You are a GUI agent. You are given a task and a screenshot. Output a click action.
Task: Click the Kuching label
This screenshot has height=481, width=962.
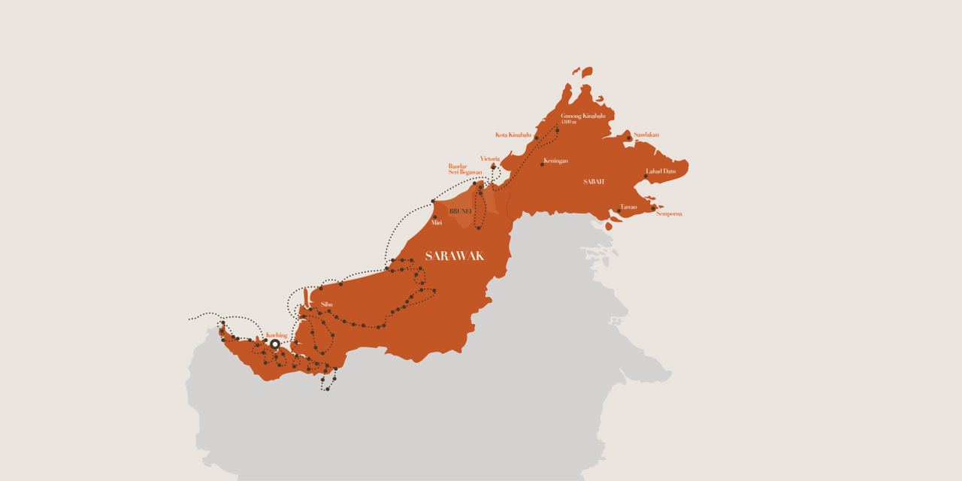(x=277, y=334)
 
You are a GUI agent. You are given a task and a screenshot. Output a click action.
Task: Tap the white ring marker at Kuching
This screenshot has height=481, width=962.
(x=275, y=344)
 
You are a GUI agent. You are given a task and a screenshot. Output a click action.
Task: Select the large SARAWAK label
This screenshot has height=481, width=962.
(x=454, y=256)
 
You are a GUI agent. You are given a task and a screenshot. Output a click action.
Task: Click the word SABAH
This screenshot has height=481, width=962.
(x=594, y=182)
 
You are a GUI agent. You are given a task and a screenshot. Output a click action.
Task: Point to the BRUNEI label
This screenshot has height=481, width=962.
(x=459, y=212)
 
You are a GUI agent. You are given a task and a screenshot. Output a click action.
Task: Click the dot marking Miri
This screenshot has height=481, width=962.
(x=435, y=216)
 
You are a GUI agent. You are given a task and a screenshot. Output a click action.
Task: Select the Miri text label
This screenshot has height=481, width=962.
(x=436, y=223)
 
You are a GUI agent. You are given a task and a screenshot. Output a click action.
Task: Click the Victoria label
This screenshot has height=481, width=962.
(x=490, y=159)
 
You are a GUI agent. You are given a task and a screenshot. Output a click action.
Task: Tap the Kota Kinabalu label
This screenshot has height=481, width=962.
(x=513, y=135)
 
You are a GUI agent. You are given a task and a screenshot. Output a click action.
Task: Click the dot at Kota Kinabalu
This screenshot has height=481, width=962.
(x=536, y=138)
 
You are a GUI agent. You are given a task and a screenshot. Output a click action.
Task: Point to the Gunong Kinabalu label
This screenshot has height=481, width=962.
(x=583, y=116)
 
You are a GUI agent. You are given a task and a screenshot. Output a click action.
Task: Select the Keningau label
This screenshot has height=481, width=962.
(x=557, y=161)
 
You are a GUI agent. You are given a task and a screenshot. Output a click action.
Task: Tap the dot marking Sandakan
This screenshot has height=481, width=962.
(x=629, y=138)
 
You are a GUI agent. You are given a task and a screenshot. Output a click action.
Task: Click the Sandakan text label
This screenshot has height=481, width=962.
(x=646, y=135)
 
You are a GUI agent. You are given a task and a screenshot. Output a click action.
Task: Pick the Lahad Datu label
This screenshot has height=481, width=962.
(x=661, y=171)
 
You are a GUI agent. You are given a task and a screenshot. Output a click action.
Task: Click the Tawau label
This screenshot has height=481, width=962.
(x=628, y=207)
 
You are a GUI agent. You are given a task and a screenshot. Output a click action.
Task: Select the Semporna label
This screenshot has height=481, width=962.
(x=669, y=214)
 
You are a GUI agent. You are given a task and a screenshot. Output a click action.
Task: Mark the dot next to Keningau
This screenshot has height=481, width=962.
(x=543, y=164)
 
